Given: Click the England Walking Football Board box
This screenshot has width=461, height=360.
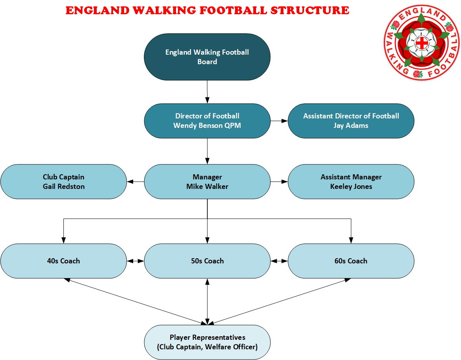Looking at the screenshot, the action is (207, 57).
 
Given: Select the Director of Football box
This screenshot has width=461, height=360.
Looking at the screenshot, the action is (207, 121).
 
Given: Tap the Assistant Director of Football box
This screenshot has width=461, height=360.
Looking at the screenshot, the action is (351, 121).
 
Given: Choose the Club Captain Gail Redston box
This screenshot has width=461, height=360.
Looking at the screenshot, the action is (63, 181).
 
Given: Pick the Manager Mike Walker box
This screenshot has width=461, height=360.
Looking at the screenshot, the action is (207, 181).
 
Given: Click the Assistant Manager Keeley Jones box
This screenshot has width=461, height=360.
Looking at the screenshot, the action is (351, 181).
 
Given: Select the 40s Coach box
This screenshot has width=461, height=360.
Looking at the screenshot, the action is (63, 261).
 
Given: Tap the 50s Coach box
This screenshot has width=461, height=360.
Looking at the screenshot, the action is (207, 261).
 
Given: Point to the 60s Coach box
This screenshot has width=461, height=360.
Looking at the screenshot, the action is (351, 261).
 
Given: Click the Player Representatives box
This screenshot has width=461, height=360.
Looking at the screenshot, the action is (207, 342).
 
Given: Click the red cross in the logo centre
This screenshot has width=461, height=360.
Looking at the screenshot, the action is (422, 43).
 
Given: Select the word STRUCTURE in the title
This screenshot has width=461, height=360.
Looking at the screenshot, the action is (310, 10).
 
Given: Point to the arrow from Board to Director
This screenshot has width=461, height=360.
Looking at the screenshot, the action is (207, 92).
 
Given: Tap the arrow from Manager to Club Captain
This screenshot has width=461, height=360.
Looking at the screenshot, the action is (136, 181).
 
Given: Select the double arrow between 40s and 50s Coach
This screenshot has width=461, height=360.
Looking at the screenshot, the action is (136, 261).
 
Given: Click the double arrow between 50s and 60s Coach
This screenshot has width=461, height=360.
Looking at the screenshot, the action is (279, 261).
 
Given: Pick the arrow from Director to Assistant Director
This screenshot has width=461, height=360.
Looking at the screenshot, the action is (279, 121).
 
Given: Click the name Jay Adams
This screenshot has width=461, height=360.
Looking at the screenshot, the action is (351, 126).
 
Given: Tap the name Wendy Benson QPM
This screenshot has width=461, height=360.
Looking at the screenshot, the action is (207, 126).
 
